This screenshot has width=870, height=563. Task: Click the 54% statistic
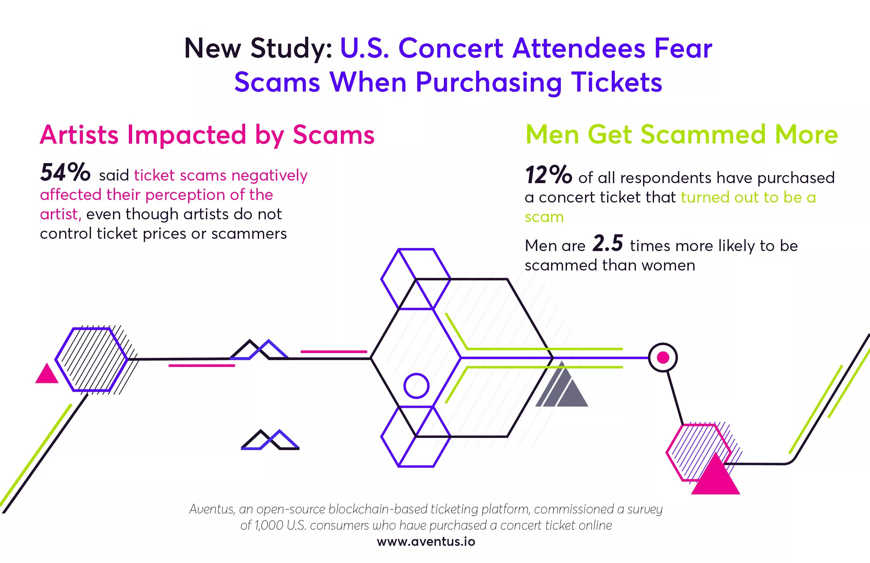(65, 172)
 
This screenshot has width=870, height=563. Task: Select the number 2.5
(607, 243)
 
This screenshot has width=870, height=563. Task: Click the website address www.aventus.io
(426, 541)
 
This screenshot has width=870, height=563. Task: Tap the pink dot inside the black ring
(663, 357)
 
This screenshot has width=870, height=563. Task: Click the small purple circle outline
(416, 386)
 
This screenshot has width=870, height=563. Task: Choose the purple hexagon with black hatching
(92, 359)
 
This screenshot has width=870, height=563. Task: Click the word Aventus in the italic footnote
(212, 509)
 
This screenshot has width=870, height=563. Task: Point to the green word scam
(544, 217)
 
